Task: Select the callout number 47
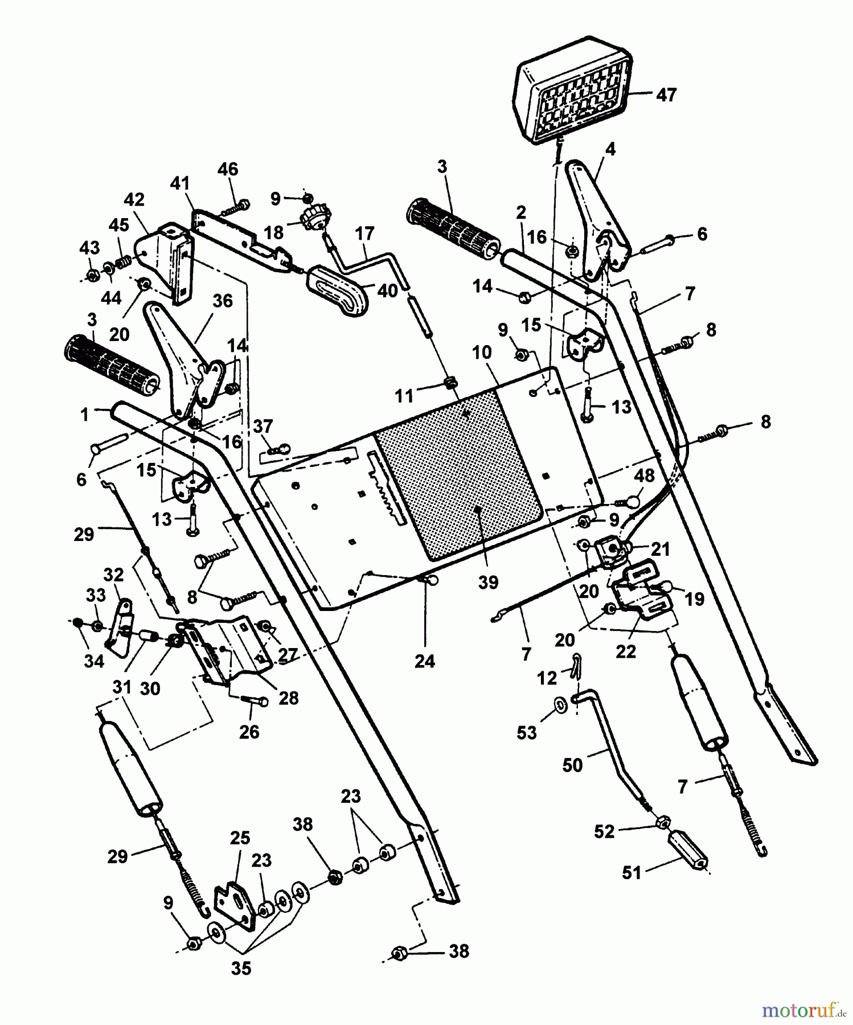click(666, 95)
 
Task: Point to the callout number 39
click(489, 582)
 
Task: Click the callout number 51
click(631, 872)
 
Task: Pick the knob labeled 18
click(312, 218)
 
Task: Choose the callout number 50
click(572, 765)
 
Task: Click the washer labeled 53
click(561, 706)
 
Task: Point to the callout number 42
click(134, 200)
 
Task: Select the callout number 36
click(222, 300)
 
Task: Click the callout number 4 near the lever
click(610, 149)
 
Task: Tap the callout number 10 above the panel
click(481, 352)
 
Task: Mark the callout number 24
click(425, 661)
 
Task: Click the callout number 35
click(241, 968)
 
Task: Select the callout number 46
click(228, 169)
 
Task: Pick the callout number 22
click(625, 651)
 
